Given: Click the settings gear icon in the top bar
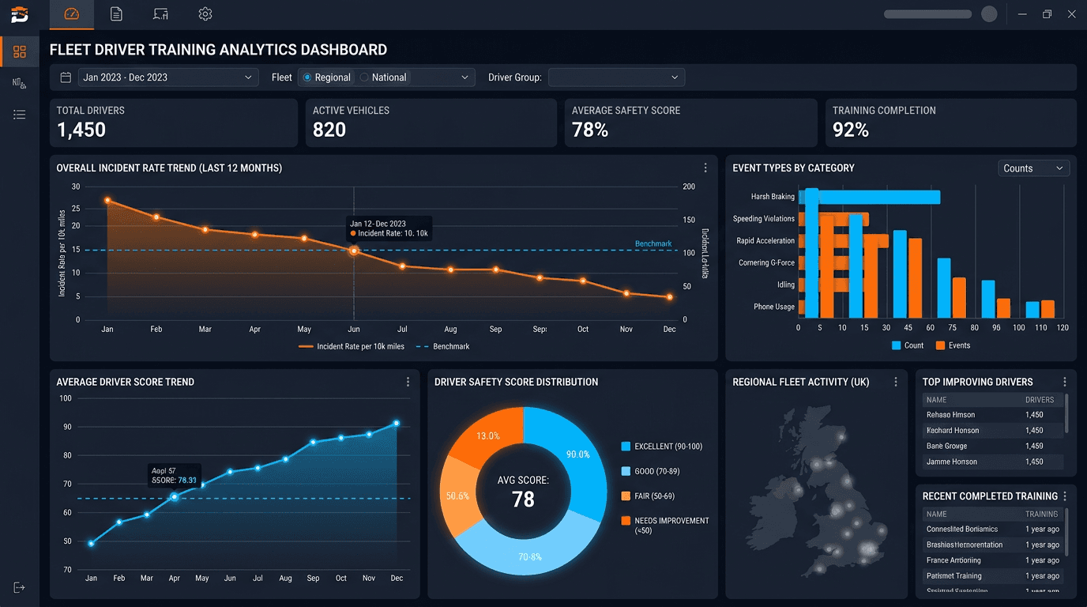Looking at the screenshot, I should coord(205,14).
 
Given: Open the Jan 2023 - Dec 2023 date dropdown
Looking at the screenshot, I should coord(167,77).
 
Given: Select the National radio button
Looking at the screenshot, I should coord(364,77).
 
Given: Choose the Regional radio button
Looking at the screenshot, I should coord(307,77).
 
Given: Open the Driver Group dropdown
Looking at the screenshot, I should coord(616,77).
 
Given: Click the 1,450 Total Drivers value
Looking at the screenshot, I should coord(81,130).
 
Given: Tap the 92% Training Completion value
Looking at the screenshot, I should coord(851,130).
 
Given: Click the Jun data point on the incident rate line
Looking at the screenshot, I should coord(354,251).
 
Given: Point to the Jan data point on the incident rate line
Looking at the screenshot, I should coord(107,201).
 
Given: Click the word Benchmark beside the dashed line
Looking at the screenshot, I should coord(653,243).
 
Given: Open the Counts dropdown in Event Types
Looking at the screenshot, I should coord(1033,168).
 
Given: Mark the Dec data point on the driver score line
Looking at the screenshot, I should coord(397,424).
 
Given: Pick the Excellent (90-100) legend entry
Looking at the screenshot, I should coord(662,447).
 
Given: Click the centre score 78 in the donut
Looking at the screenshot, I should coord(523,500).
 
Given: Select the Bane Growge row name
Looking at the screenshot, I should coord(946,447).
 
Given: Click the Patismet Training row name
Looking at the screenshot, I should coord(953,576).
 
